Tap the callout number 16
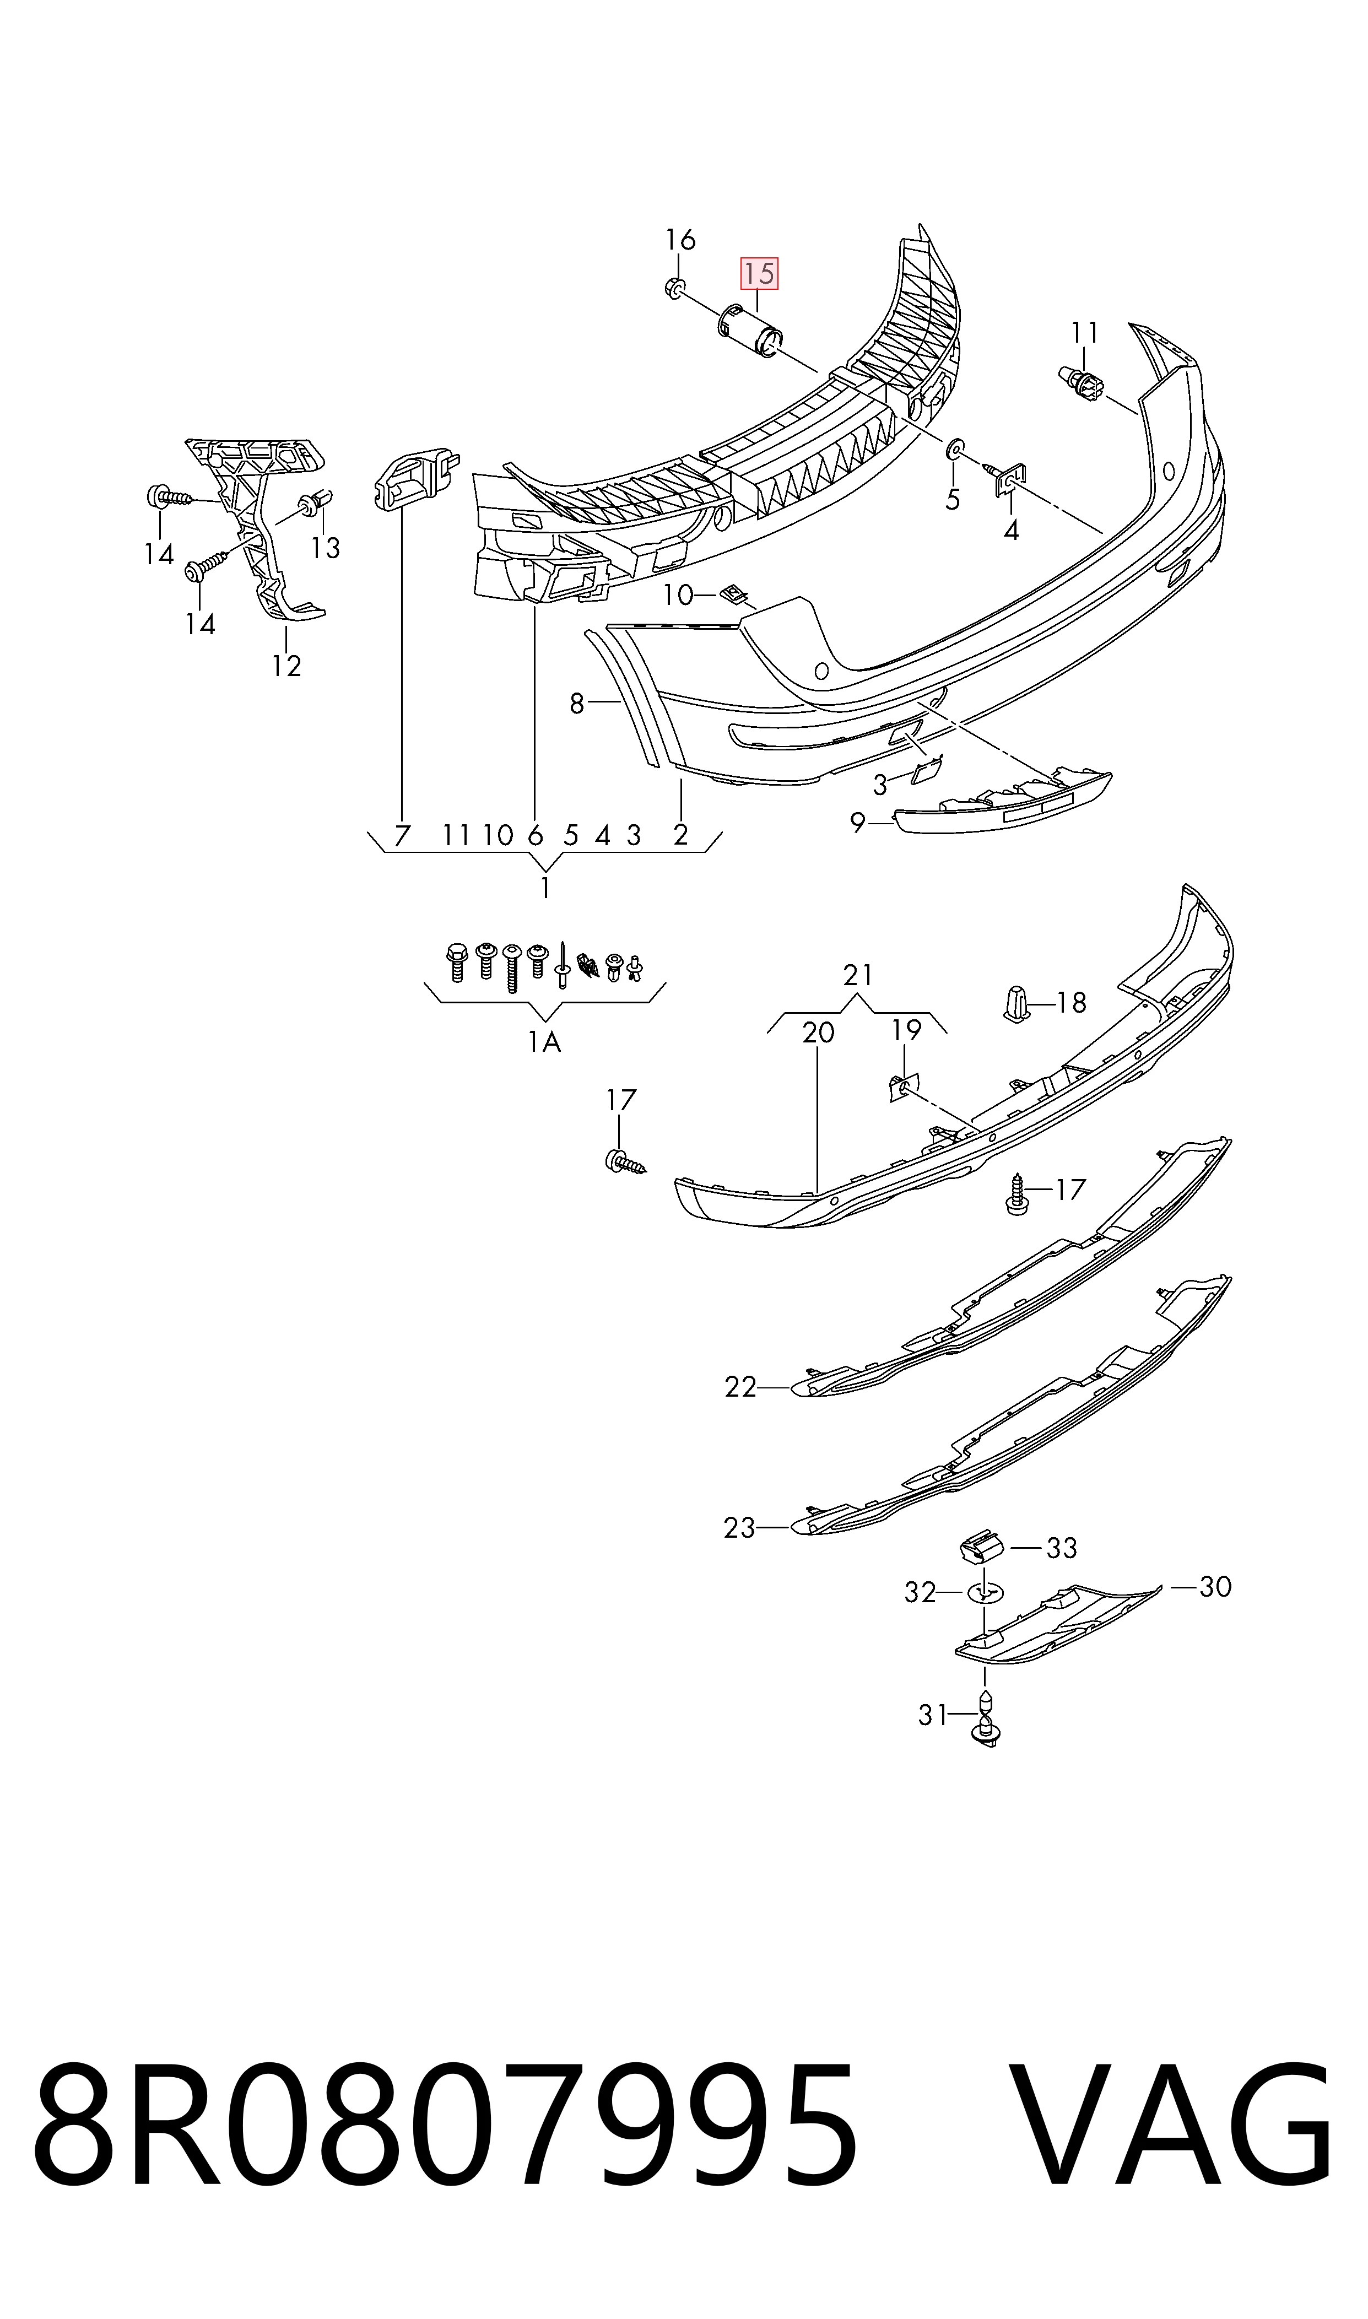[680, 240]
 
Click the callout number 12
[286, 666]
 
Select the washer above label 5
[955, 451]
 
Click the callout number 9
[857, 822]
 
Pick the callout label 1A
[544, 1041]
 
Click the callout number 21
[857, 974]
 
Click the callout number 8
[577, 703]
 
